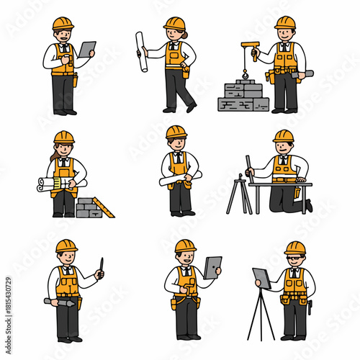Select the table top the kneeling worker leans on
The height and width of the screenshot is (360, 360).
click(281, 184)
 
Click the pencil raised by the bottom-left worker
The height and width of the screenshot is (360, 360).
click(102, 265)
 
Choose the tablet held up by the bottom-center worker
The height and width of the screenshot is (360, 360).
click(212, 267)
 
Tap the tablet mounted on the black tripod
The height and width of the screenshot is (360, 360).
click(261, 278)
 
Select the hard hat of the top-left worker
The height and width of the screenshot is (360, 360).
click(63, 24)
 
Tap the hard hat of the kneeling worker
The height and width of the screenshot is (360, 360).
click(284, 136)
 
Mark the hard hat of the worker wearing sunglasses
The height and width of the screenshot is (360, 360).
click(295, 248)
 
